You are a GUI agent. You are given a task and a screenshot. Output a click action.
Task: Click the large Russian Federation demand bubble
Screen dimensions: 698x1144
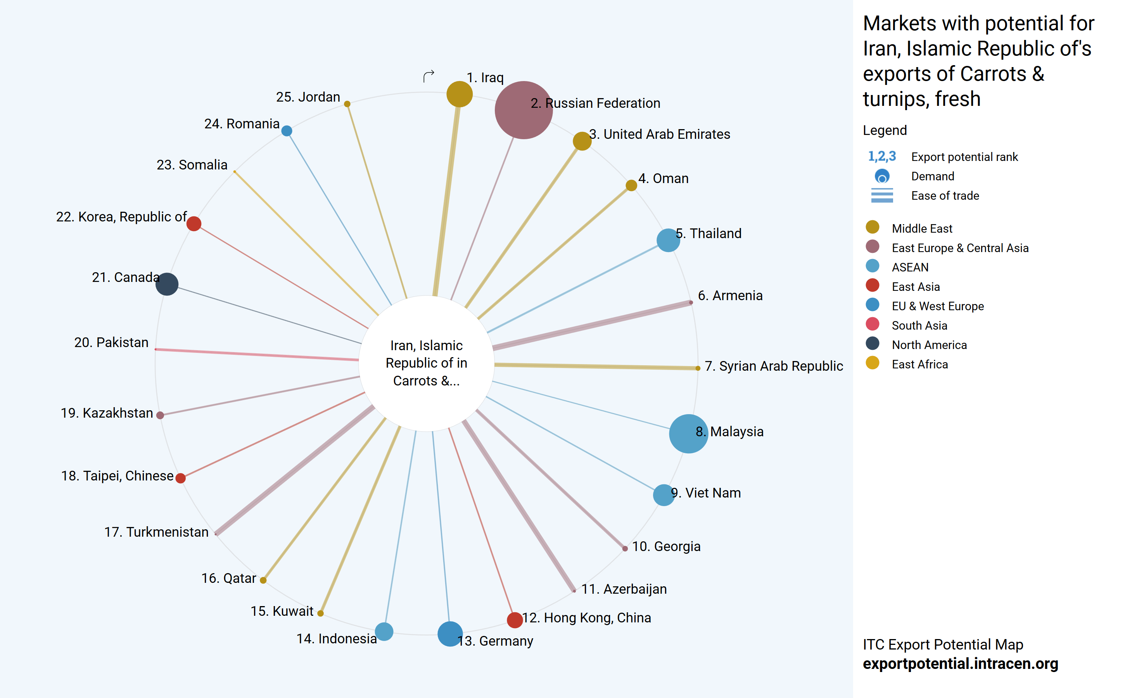click(x=523, y=110)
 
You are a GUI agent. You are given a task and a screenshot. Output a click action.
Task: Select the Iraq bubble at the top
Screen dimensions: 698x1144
click(x=459, y=94)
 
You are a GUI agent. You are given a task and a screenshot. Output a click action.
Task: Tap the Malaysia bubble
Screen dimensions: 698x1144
click(x=688, y=433)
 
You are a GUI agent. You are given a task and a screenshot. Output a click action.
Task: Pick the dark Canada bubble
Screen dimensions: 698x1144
click(x=167, y=284)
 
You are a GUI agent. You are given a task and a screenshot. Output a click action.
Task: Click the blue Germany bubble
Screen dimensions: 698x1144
click(x=449, y=634)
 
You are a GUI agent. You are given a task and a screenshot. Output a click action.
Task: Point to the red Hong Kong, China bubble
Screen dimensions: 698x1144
click(x=515, y=620)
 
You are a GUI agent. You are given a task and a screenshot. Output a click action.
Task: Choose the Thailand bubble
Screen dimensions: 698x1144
click(x=668, y=240)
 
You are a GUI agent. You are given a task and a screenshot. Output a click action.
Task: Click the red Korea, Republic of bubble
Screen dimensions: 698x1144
click(x=194, y=223)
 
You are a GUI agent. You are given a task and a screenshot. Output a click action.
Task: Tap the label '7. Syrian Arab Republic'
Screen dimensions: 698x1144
click(x=774, y=366)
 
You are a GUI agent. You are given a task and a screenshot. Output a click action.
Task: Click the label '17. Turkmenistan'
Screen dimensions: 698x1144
click(x=156, y=532)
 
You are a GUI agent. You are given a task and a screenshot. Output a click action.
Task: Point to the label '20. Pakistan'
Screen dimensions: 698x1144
click(x=111, y=342)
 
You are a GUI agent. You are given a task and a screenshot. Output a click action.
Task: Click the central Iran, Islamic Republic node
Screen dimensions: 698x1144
click(x=426, y=363)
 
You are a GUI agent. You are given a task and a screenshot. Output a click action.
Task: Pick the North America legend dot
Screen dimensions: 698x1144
click(x=873, y=343)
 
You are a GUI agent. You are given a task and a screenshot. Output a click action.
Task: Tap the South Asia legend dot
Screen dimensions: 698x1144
click(x=873, y=324)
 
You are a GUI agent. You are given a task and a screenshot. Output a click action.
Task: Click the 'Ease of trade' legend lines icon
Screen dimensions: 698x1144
click(x=882, y=195)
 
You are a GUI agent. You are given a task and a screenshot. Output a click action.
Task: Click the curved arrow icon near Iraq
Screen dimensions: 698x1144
click(x=429, y=76)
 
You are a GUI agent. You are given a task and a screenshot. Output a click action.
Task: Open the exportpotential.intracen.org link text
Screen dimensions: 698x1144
click(x=960, y=663)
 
